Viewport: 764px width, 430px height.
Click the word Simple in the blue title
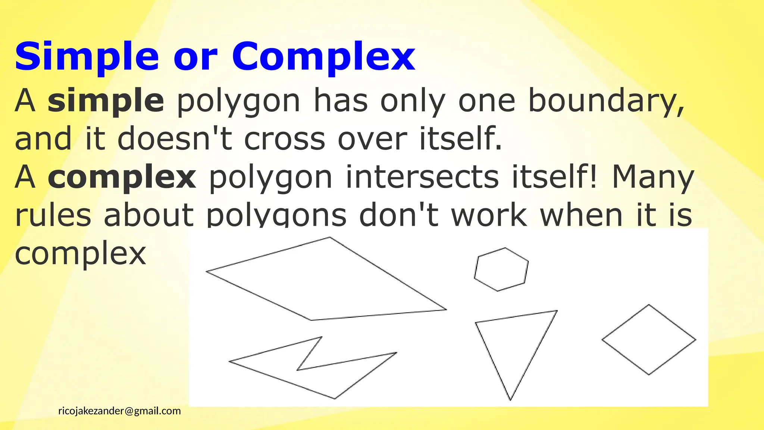point(87,57)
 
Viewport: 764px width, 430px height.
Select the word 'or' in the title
point(195,58)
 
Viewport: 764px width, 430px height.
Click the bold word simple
point(106,101)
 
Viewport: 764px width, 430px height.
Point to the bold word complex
point(122,177)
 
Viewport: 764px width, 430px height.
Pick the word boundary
point(606,101)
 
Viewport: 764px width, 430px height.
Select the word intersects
point(422,177)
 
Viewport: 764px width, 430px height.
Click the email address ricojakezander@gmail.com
point(119,411)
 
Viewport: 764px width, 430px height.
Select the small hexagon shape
point(501,269)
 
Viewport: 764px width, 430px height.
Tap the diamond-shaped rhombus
point(649,340)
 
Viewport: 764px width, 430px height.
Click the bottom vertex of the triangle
point(510,400)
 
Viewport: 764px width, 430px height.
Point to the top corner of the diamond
point(649,305)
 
